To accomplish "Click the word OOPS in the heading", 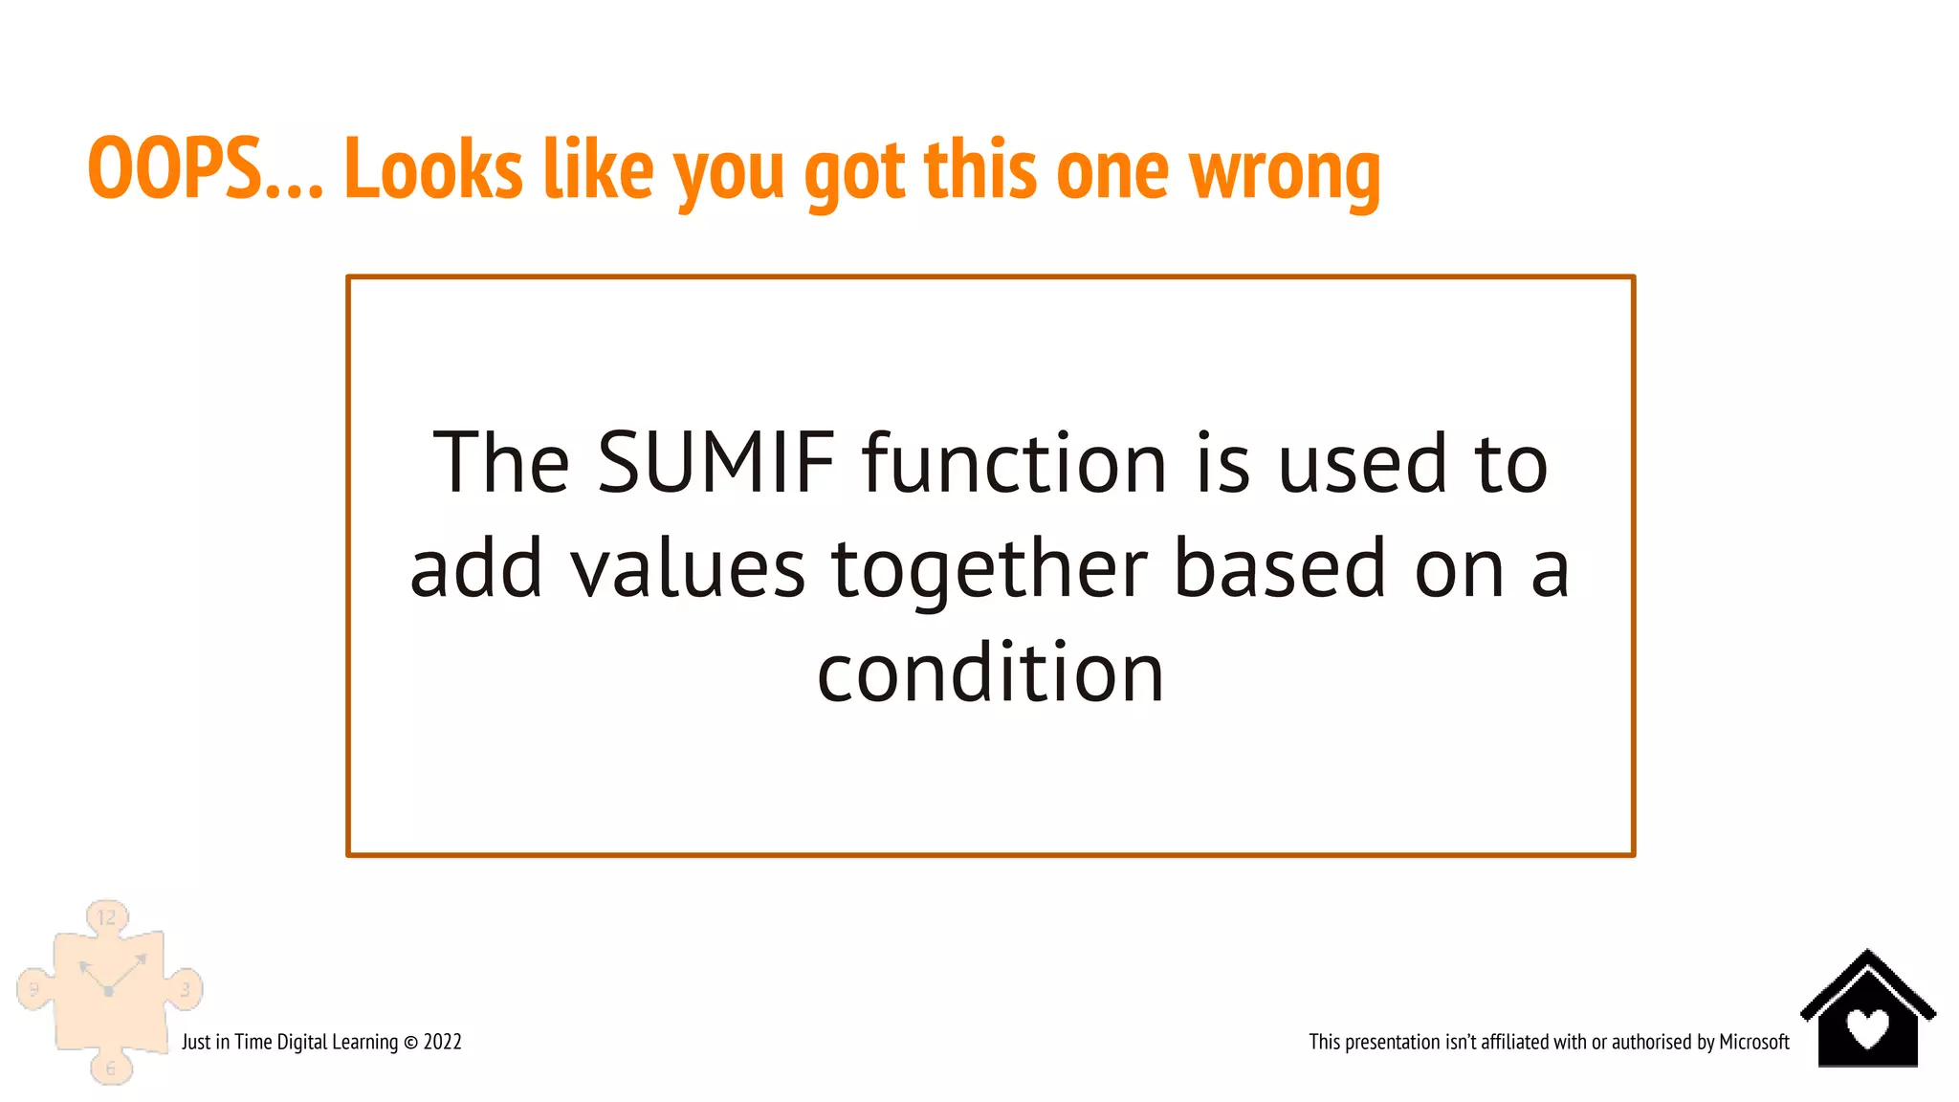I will click(175, 168).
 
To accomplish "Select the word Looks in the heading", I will click(433, 168).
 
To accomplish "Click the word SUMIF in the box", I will click(716, 463).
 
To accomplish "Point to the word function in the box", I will click(1015, 463).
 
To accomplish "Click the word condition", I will click(990, 673).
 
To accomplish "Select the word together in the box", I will click(989, 569).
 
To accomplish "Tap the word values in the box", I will click(688, 569).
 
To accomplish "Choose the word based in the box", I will click(1280, 569).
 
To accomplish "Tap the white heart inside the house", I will click(1867, 1028).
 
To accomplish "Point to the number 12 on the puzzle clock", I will click(106, 917).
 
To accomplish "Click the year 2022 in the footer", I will click(443, 1042).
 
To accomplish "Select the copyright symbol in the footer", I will click(410, 1043).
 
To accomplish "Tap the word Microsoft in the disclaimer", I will click(1753, 1042).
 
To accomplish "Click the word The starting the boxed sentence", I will click(501, 463).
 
